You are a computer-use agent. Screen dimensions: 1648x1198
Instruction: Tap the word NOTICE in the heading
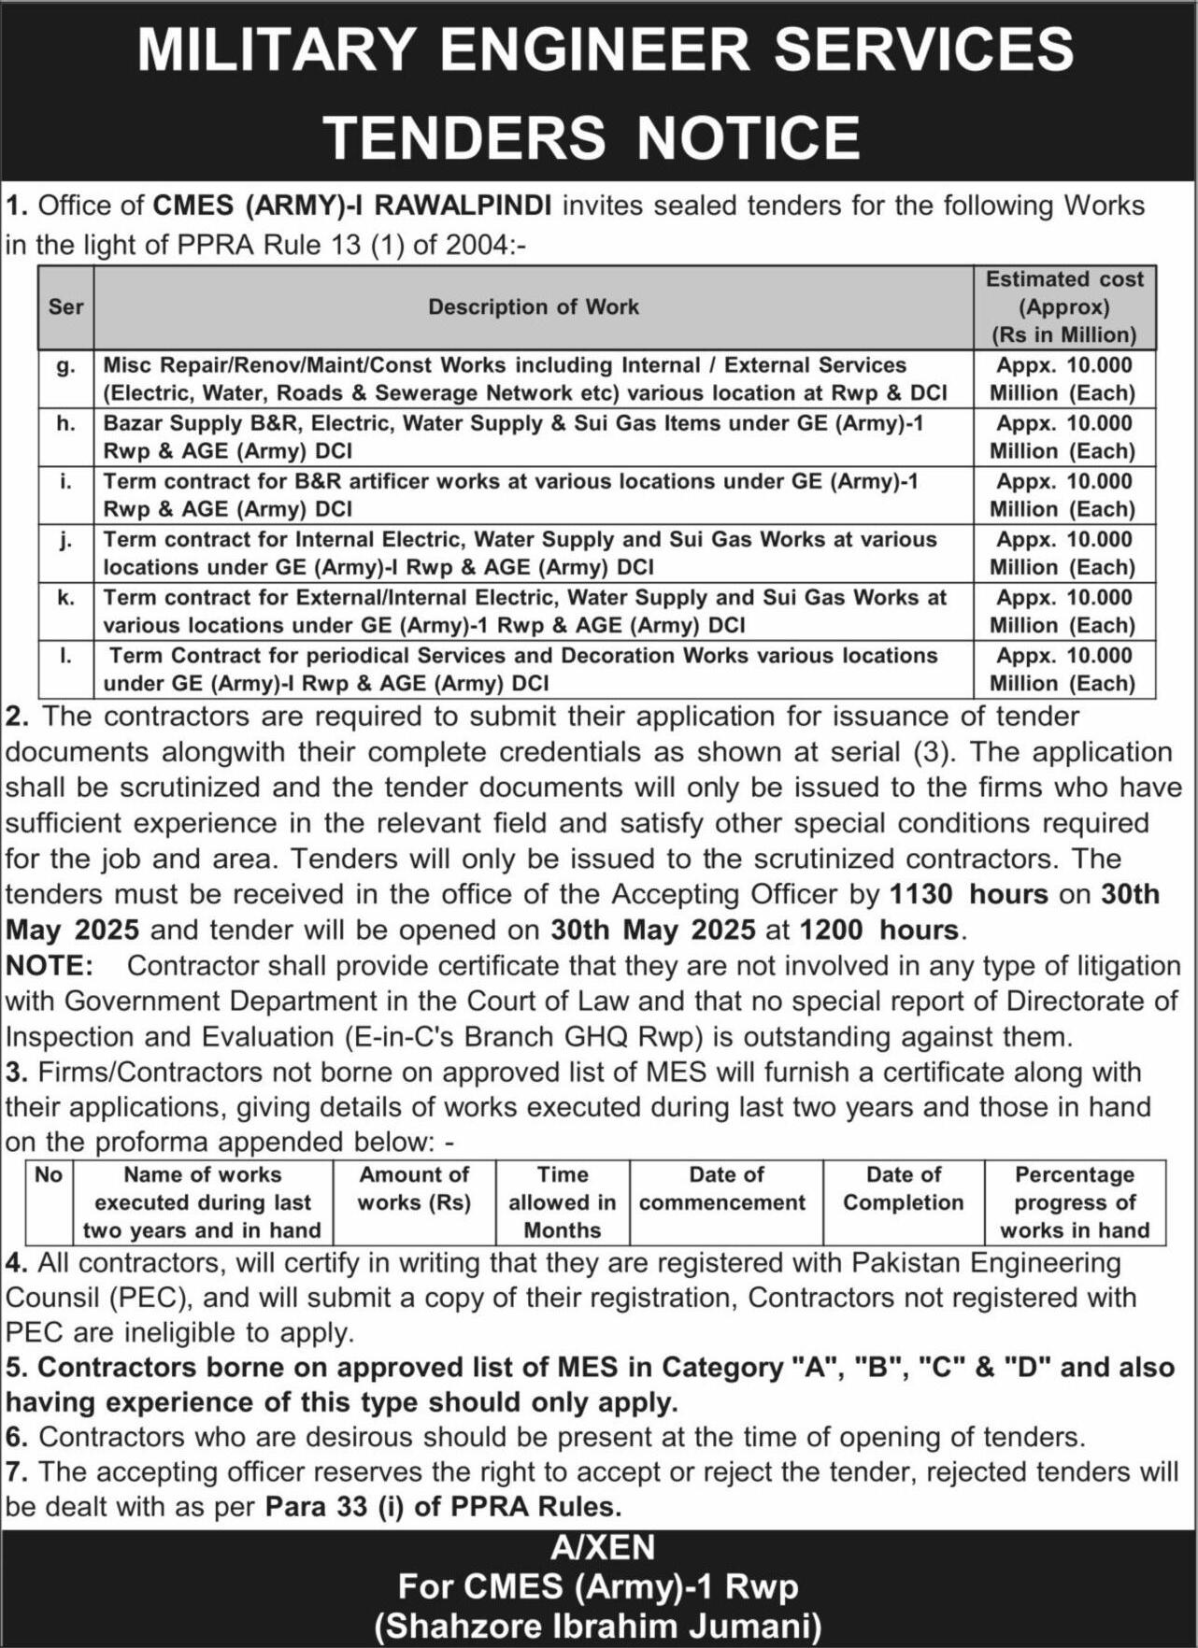[x=748, y=137]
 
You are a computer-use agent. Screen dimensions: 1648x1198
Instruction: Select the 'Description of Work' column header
[x=533, y=306]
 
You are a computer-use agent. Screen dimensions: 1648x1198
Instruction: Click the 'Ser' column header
[x=65, y=306]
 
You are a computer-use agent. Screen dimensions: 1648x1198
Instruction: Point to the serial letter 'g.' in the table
[x=65, y=365]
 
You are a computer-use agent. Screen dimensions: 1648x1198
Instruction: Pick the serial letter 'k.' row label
[x=65, y=598]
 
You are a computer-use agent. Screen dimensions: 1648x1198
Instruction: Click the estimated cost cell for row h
[x=1063, y=436]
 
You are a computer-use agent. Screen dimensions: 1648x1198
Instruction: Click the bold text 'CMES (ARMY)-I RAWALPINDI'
[x=352, y=206]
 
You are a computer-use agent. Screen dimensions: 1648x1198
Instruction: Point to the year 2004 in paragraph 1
[x=478, y=245]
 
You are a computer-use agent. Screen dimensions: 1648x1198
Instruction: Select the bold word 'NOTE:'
[x=50, y=965]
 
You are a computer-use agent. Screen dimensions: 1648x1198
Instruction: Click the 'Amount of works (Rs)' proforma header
[x=414, y=1188]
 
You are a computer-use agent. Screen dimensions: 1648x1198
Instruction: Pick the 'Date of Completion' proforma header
[x=903, y=1188]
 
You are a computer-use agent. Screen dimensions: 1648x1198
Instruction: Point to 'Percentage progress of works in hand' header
[x=1075, y=1202]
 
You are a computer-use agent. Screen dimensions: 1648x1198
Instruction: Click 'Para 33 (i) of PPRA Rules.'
[x=444, y=1507]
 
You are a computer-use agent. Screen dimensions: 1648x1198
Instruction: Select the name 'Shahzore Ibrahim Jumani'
[x=598, y=1626]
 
